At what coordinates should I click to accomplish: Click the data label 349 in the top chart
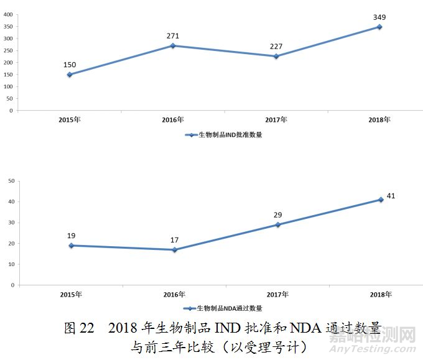click(379, 17)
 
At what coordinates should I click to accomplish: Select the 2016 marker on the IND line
click(173, 46)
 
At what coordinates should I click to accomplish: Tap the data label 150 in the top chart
click(70, 65)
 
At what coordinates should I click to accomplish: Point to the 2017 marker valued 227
click(276, 57)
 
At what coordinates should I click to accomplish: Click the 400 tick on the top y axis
click(8, 15)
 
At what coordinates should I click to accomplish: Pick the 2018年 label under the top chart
click(379, 119)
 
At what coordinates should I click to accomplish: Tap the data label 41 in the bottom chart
click(391, 196)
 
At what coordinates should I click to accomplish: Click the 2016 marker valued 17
click(174, 250)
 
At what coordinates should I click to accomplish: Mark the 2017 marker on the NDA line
click(277, 224)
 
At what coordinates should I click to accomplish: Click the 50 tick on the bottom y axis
click(11, 181)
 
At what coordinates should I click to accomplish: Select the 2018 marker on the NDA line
click(379, 200)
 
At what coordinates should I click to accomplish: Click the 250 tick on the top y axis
click(8, 51)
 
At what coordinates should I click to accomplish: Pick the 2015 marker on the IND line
click(70, 75)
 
